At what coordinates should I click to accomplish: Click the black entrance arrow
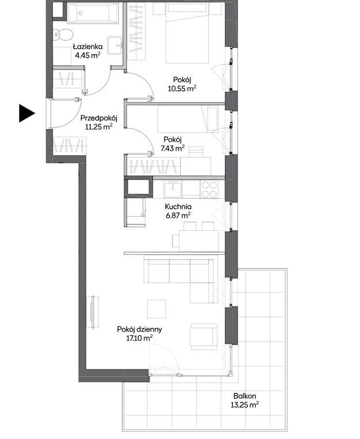point(26,113)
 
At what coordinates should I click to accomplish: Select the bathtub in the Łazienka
point(93,12)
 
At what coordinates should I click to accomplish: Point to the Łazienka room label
point(87,46)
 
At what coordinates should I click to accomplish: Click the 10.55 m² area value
point(182,88)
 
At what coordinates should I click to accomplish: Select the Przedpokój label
point(99,118)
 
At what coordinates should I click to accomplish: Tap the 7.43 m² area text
point(173,148)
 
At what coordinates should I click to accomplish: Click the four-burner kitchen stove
point(209,189)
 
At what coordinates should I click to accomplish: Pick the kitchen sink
point(173,189)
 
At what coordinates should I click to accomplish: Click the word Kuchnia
point(178,207)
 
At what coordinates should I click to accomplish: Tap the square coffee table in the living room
point(156,309)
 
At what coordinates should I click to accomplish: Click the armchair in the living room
point(204,336)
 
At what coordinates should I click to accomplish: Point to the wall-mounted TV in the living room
point(94,311)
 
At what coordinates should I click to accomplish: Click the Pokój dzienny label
point(139,329)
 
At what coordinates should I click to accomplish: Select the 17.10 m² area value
point(139,338)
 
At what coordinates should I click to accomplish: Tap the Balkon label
point(244,396)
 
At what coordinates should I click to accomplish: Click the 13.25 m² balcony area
point(244,404)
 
